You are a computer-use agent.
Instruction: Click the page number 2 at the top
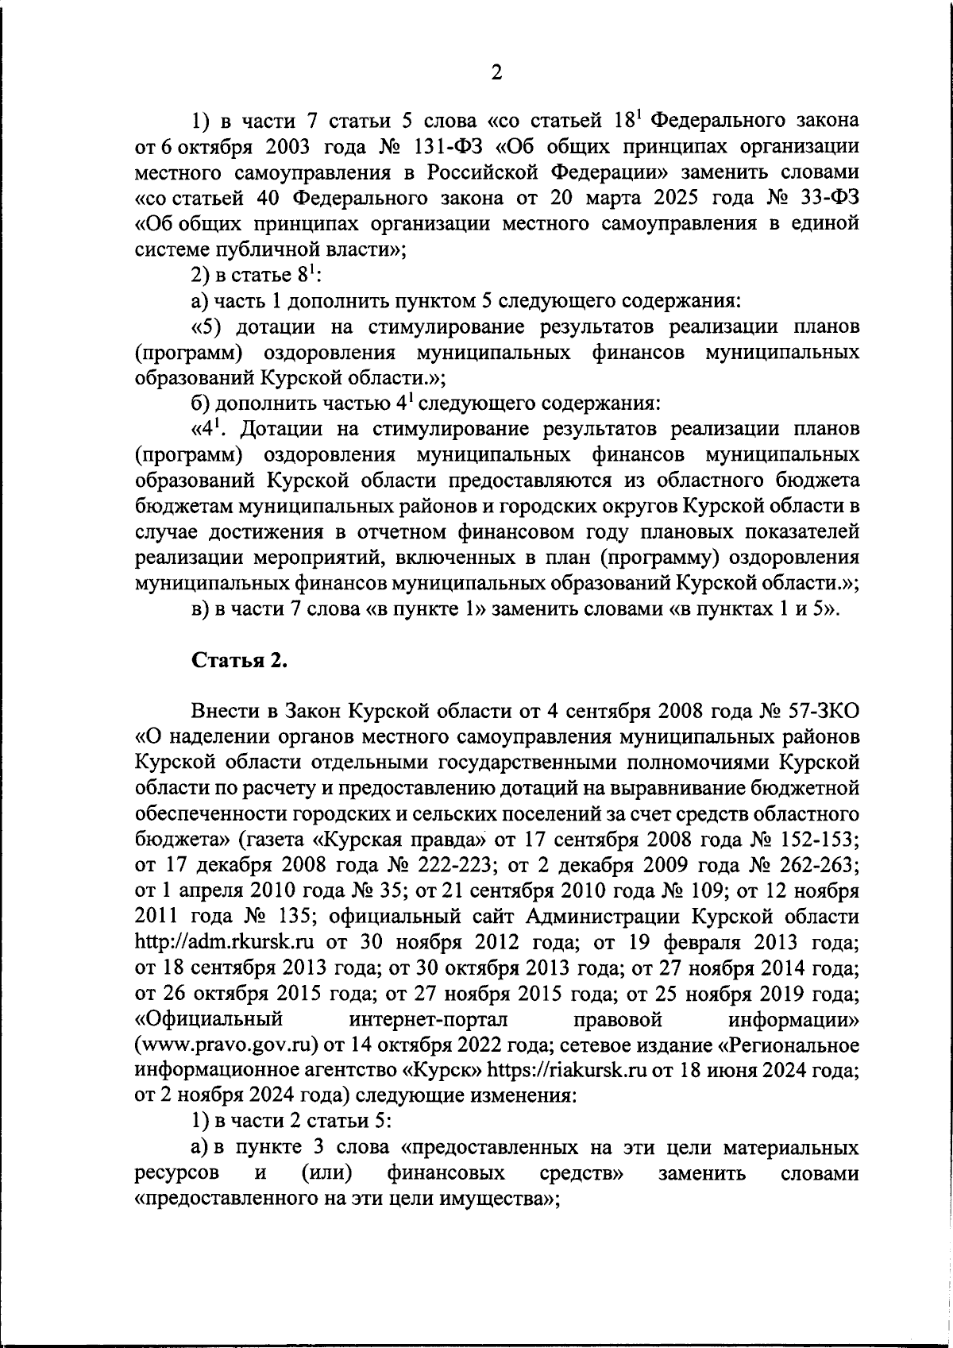coord(496,73)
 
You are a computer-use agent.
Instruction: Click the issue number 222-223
coord(446,865)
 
